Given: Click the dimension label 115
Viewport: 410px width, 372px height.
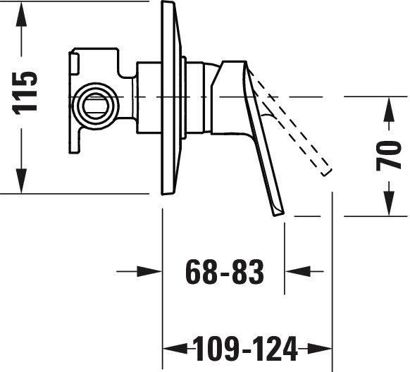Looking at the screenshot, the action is point(25,93).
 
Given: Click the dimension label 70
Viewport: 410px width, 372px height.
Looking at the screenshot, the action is point(388,155).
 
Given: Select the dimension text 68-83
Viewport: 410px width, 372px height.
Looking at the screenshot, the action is point(224,272).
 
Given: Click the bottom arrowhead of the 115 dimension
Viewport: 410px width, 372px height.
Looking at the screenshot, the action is point(21,181).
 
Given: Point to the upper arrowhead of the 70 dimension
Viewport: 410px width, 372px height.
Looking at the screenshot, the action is point(390,109).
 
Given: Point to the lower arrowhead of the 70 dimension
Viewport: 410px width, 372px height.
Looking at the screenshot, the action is point(390,204).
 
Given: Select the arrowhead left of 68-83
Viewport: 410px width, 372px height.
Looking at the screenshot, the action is point(149,272).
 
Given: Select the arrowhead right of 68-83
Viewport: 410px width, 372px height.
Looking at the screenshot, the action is point(297,272).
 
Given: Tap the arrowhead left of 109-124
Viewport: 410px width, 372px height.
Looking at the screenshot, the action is point(175,349).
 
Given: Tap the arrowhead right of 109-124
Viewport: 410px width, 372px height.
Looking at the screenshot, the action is point(319,349).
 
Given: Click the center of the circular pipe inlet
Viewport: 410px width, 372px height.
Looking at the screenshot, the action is point(95,104).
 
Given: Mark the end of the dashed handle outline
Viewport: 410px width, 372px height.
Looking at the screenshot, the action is point(327,173).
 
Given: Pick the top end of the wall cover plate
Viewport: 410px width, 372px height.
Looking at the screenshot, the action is point(168,3).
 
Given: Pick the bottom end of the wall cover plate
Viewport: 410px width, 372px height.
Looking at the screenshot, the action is point(168,193).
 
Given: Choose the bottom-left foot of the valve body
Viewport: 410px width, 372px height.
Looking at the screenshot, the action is point(74,151).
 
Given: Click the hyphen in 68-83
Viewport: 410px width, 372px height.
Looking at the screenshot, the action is point(224,274).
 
